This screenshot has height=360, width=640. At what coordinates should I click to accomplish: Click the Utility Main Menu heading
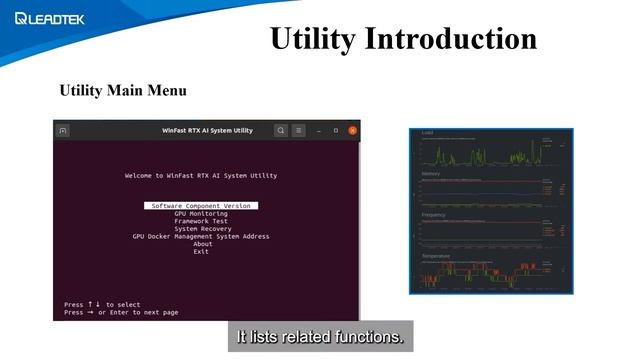pos(123,91)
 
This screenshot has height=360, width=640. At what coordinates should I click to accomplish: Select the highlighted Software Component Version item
pos(201,205)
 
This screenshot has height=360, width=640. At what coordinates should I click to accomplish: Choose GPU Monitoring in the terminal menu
pos(201,213)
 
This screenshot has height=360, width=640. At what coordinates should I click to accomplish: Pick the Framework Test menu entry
pos(201,221)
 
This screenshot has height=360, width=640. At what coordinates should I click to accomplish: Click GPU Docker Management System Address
pos(201,237)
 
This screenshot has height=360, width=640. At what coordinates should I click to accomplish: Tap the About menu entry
pos(203,244)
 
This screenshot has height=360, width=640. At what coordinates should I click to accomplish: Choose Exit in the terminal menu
pos(202,252)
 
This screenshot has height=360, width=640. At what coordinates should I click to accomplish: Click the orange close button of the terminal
pos(351,130)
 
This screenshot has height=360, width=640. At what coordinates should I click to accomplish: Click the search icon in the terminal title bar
pos(281,130)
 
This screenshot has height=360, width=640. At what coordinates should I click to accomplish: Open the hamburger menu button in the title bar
pos(298,130)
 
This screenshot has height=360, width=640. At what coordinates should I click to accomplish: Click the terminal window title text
pos(207,130)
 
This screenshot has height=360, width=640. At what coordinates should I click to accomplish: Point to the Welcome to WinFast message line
pos(201,175)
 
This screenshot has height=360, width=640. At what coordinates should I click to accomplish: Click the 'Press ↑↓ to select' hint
pos(102,304)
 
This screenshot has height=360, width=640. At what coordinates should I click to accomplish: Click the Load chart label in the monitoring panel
pos(427,133)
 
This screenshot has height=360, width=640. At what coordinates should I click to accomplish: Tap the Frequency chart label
pos(434,214)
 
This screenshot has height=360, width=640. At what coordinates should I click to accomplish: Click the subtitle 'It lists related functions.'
pos(319,337)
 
